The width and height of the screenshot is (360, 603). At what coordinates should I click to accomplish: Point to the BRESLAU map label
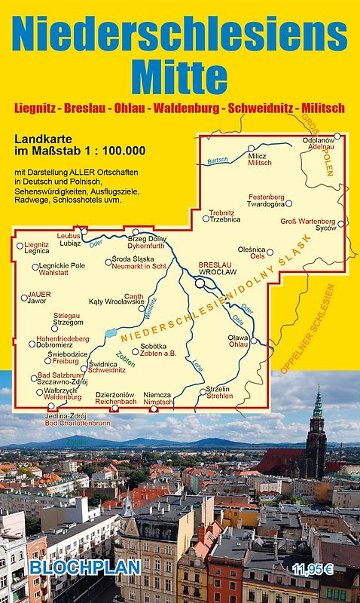[x=212, y=265]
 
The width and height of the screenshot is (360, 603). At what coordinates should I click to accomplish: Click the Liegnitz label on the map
[x=37, y=244]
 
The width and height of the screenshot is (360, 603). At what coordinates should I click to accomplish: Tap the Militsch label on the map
[x=259, y=163]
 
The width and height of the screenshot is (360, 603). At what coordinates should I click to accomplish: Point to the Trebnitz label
[x=222, y=213]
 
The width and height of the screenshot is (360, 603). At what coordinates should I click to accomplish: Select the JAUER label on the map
[x=39, y=295]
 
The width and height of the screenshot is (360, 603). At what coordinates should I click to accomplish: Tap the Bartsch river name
[x=218, y=160]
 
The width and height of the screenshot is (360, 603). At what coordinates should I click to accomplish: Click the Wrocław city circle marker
[x=201, y=283]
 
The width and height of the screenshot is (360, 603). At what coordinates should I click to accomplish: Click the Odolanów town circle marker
[x=338, y=136]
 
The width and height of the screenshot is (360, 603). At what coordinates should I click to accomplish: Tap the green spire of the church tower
[x=318, y=403]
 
